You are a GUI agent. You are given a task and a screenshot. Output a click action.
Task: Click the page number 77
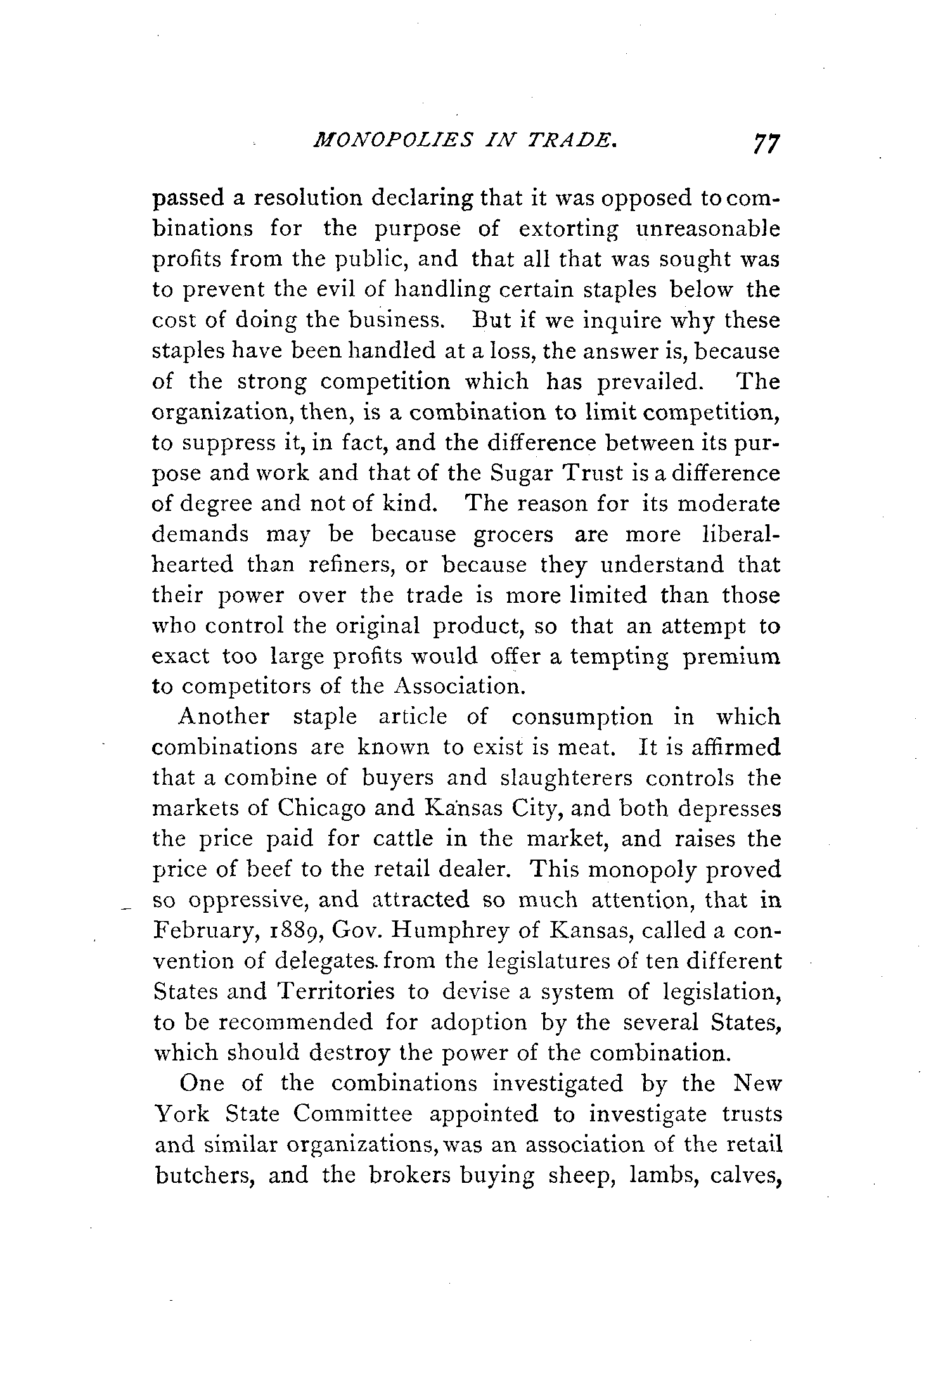(x=764, y=161)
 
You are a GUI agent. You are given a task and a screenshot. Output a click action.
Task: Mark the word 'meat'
(x=586, y=747)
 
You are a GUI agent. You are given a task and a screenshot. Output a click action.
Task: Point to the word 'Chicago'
(x=321, y=808)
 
